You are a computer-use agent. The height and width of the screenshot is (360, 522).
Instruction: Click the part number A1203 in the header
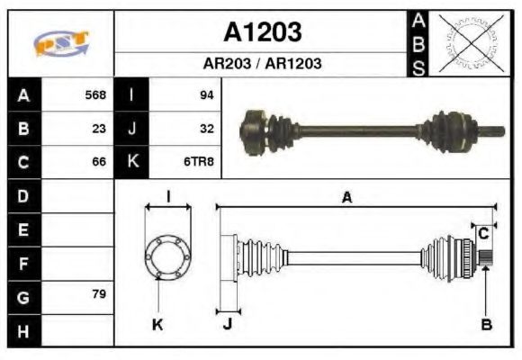[262, 32]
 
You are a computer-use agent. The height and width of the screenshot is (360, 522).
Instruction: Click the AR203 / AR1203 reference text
[262, 65]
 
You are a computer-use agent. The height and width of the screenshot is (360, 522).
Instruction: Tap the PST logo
[61, 42]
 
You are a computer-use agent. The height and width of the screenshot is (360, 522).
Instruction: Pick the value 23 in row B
[99, 128]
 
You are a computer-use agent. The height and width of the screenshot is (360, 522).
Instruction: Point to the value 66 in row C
[99, 162]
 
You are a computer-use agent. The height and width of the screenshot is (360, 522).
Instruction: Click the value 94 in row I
[206, 94]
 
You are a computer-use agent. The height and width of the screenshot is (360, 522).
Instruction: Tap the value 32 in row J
[206, 128]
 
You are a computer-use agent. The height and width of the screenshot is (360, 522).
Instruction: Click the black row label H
[23, 330]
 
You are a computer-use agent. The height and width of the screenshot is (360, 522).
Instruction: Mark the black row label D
[23, 195]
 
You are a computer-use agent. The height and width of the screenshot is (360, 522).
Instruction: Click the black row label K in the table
[132, 162]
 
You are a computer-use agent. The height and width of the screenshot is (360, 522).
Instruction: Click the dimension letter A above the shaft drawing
[346, 198]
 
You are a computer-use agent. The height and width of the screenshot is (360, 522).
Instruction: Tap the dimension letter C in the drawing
[483, 233]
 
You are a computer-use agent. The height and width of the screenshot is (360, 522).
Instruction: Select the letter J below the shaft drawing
[227, 325]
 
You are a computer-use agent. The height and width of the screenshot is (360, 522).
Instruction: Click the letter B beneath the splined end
[486, 325]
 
